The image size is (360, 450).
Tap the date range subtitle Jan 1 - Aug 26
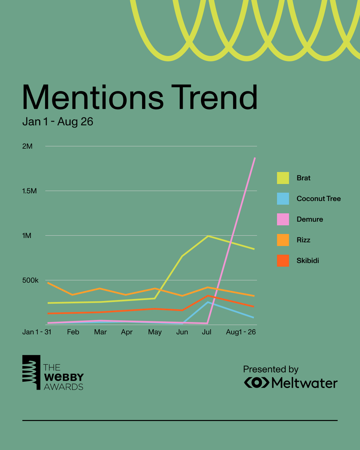57,122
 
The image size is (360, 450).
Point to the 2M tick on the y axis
27,146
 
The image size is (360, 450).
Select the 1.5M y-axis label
29,191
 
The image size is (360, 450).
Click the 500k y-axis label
30,280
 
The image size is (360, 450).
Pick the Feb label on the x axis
73,332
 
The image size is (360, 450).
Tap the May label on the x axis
155,332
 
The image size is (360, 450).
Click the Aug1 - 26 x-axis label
240,332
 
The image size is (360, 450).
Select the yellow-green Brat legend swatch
283,178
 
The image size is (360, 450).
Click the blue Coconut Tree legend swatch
283,199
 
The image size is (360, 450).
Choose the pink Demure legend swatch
283,219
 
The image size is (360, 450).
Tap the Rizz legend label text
303,240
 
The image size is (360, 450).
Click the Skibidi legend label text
307,261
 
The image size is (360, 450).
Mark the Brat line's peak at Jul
208,236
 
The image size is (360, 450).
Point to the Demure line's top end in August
255,158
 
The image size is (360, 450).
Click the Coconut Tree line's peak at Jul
208,302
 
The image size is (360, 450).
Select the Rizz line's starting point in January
48,282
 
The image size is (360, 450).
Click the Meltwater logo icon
256,382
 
